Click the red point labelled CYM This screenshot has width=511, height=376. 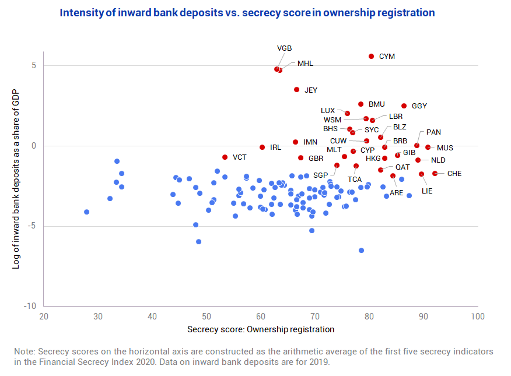point(372,57)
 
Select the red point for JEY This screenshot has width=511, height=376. point(297,90)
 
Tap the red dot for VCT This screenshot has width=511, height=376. point(225,157)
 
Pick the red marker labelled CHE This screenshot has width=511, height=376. point(435,174)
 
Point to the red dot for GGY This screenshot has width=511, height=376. point(404,106)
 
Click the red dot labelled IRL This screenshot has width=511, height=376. point(262,147)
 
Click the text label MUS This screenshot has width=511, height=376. point(445,148)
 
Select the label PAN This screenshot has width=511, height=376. point(433,132)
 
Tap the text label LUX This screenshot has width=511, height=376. point(328,111)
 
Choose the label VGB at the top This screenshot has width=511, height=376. point(285,48)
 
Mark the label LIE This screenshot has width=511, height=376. point(427,191)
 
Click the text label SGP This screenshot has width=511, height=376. point(320,175)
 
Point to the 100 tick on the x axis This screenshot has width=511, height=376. point(478,317)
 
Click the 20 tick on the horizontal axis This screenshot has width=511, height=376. point(43,317)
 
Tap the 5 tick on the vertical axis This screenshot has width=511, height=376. point(33,65)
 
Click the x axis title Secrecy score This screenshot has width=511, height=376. point(261,329)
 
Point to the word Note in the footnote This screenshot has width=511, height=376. point(24,352)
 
